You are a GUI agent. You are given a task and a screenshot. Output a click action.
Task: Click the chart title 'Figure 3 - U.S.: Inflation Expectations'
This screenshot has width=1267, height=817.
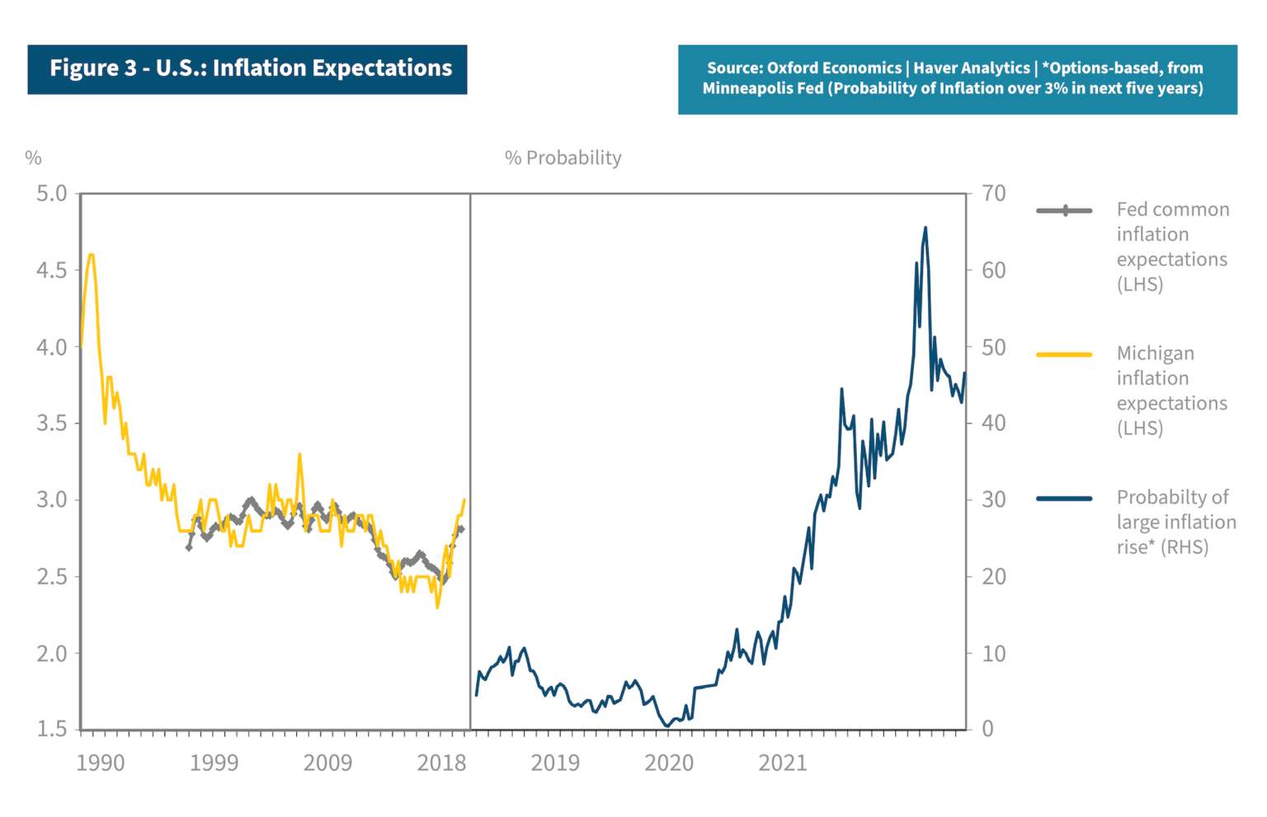point(247,68)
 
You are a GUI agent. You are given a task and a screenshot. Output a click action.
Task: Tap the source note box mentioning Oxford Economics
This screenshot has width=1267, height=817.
point(957,78)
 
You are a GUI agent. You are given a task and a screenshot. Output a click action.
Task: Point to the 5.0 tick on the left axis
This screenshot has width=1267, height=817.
point(51,194)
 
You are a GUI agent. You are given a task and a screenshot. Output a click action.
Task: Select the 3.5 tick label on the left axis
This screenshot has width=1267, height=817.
point(51,423)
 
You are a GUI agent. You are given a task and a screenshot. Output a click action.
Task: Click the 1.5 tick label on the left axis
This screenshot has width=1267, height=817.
point(51,729)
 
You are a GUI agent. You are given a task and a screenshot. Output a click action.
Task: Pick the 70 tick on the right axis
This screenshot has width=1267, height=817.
point(994,194)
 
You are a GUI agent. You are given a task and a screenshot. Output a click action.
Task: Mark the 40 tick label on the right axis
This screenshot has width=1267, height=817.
point(994,423)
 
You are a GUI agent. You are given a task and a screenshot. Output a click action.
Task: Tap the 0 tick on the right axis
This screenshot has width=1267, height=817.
point(987,729)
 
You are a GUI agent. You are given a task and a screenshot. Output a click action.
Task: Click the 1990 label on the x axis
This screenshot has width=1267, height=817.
point(101,763)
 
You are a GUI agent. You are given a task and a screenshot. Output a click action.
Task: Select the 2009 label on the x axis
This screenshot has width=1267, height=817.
point(327,763)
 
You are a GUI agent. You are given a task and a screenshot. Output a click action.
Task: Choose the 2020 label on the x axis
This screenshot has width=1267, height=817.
point(669,763)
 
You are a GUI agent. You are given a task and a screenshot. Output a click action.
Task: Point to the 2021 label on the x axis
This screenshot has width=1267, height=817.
point(783,763)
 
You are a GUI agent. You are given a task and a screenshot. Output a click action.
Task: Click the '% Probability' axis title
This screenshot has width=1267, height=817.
point(563,158)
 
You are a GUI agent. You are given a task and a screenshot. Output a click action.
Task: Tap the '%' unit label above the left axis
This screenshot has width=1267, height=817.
point(33,158)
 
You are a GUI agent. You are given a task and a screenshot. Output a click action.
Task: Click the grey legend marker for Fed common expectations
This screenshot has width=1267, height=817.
point(1064,211)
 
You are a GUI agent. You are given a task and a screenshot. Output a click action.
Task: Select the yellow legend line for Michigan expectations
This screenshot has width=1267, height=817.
point(1064,355)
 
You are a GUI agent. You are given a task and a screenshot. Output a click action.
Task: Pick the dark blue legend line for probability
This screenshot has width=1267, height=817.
point(1064,499)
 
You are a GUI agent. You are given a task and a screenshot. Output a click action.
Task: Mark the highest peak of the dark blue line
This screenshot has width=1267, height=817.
point(926,228)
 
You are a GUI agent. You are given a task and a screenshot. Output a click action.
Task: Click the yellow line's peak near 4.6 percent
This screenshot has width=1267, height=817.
point(91,255)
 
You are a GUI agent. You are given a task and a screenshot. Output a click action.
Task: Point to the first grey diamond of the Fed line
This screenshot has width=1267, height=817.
point(189,547)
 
